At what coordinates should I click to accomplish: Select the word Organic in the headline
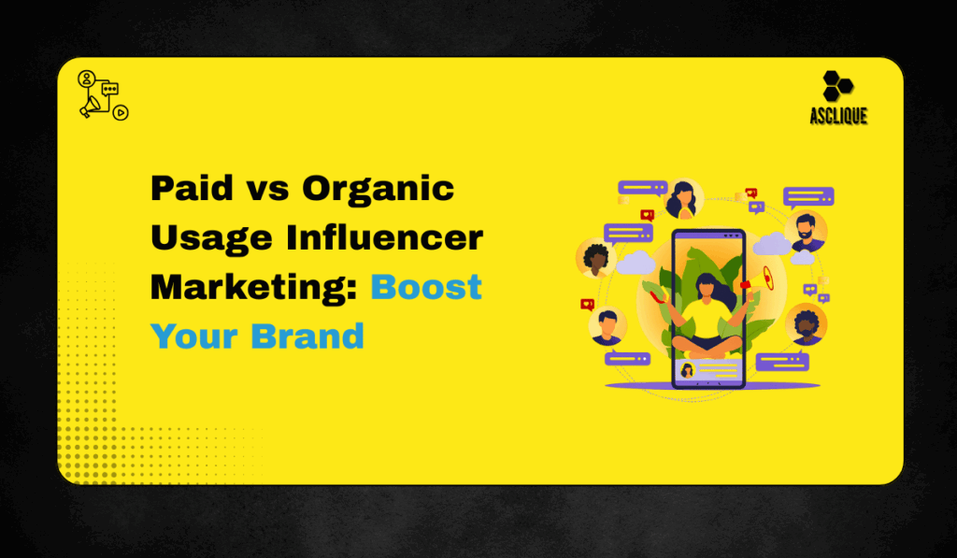378,190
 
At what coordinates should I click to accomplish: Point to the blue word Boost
426,286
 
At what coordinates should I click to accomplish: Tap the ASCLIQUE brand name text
838,116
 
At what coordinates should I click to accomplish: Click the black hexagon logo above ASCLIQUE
837,86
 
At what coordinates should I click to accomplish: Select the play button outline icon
121,112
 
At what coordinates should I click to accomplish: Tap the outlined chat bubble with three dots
110,90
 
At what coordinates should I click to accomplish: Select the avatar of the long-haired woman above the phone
683,199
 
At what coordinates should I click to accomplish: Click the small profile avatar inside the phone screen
687,370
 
